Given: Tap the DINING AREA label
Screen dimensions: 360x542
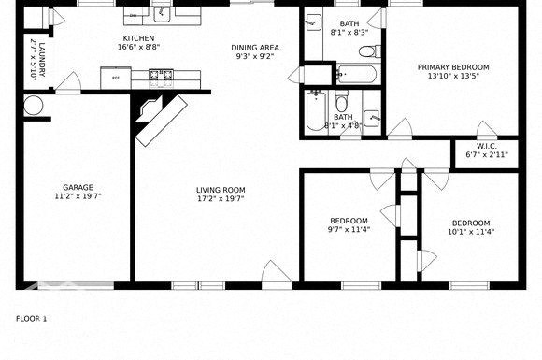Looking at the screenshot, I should pos(255,47).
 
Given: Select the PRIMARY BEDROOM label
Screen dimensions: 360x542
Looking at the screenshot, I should pos(453,67).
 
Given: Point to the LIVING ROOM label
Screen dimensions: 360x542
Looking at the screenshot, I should pos(221,190).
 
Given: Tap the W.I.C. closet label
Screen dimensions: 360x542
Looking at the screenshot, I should pos(486,146).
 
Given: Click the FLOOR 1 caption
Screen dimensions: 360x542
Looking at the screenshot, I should pos(31,319).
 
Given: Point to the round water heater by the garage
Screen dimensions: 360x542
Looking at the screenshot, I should pos(35,106).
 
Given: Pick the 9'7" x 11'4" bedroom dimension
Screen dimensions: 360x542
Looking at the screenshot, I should pos(348,230).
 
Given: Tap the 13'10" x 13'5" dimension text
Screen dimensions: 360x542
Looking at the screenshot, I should pos(453,77).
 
